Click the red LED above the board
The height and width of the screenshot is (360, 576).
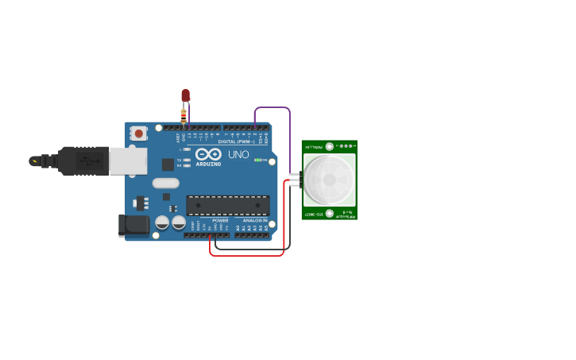pos(185,95)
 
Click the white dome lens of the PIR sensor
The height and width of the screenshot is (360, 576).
pos(328,179)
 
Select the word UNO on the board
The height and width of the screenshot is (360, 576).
pos(238,154)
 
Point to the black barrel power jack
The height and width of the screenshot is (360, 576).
pos(134,225)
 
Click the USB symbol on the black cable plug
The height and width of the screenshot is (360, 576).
pos(34,161)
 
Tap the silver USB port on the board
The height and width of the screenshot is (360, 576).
pos(127,161)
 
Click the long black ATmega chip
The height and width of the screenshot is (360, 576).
pos(227,204)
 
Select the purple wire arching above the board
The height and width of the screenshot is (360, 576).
pos(273,107)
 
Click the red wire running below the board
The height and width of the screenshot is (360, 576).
pos(246,255)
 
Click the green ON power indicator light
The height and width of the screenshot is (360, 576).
pos(257,160)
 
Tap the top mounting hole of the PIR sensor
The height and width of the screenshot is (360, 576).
pos(330,145)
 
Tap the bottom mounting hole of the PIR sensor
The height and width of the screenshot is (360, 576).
pos(329,213)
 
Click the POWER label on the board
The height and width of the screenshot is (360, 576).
pos(220,220)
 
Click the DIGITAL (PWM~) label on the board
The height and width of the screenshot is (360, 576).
pos(236,141)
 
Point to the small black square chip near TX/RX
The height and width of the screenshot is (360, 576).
pos(168,165)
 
